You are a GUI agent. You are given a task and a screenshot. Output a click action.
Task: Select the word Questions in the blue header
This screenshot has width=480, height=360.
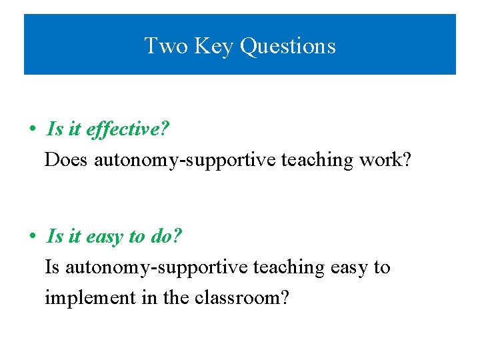coord(287,46)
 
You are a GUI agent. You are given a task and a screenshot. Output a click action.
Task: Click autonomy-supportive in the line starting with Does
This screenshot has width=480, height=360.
coord(185,160)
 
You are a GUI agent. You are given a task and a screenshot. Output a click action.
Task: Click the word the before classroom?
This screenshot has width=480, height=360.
coord(176,298)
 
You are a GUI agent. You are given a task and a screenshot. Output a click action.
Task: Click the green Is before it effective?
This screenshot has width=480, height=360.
coord(55,129)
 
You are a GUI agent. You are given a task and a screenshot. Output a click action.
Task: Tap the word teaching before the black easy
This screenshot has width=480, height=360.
coord(289,267)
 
